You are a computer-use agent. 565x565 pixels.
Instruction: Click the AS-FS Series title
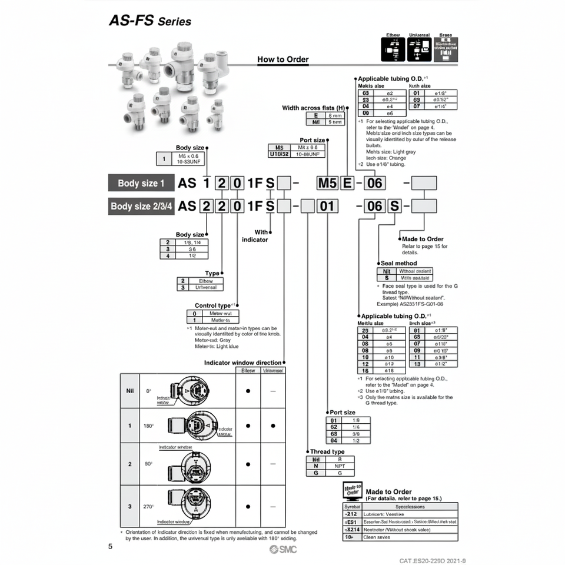click(150, 21)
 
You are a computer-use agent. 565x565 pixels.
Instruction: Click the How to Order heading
click(282, 59)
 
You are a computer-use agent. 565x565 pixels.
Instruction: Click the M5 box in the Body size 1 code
click(327, 183)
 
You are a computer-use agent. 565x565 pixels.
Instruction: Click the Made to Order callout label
click(423, 239)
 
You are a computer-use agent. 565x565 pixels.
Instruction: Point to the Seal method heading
click(398, 263)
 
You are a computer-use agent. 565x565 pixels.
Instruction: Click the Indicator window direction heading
click(242, 363)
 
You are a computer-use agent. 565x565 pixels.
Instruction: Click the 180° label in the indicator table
click(149, 426)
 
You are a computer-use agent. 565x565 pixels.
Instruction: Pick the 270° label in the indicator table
click(149, 506)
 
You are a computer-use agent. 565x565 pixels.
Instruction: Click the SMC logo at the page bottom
click(283, 549)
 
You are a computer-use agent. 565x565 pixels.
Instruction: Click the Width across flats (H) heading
click(313, 108)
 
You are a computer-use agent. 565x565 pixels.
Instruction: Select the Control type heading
click(212, 305)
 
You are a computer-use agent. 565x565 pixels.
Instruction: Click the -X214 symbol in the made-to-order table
click(351, 529)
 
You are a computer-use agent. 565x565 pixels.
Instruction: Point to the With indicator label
click(255, 235)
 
